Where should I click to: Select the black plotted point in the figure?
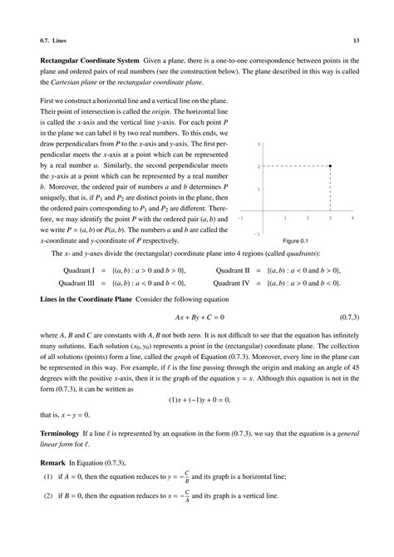point(331,166)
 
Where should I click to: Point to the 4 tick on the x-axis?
point(353,218)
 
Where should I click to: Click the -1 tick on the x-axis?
point(240,218)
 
